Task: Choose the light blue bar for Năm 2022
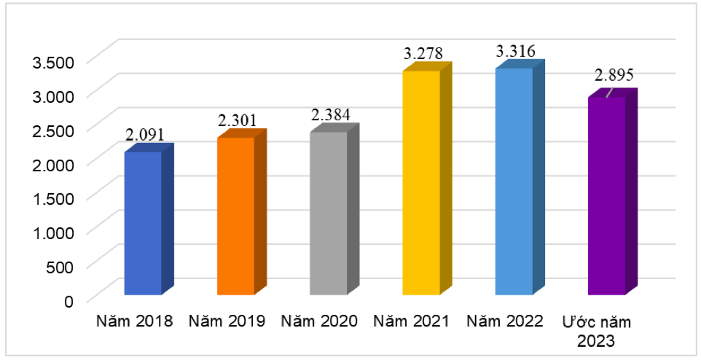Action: point(514,181)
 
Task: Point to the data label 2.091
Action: point(145,134)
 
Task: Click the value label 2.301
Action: point(238,120)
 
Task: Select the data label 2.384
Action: point(330,115)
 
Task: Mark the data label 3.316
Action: point(516,51)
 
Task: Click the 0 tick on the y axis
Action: point(69,300)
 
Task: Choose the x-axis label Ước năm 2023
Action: point(598,330)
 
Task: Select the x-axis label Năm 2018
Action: point(134,321)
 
